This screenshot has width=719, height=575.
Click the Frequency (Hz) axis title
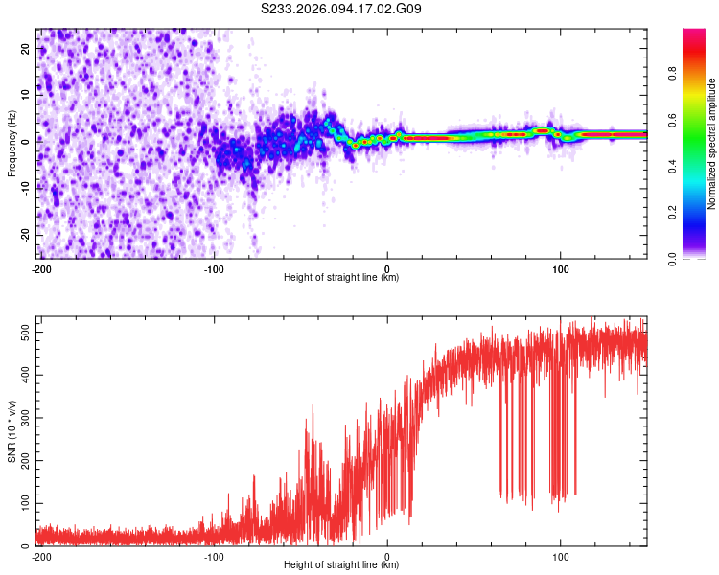12,144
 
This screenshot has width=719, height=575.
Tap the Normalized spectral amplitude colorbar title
711,144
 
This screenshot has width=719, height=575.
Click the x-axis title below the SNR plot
341,566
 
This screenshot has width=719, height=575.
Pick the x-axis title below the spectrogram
341,278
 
